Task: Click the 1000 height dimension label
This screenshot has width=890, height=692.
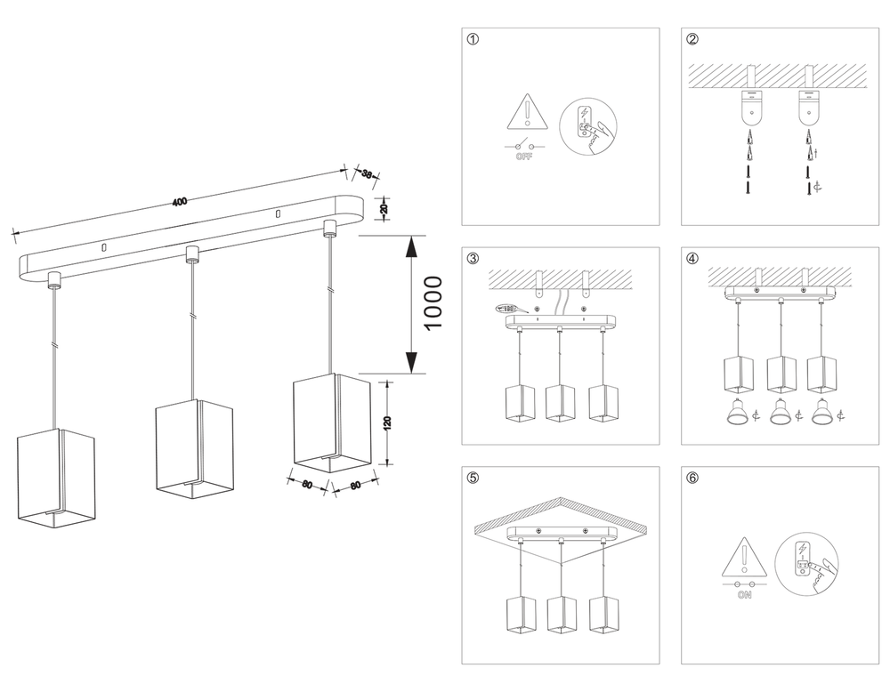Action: [433, 303]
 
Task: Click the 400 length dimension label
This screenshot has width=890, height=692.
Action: [180, 202]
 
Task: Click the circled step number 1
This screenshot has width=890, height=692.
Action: [473, 39]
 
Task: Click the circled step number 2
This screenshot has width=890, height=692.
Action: [692, 39]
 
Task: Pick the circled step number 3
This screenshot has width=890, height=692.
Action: [473, 259]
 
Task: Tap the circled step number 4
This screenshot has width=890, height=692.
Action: [692, 259]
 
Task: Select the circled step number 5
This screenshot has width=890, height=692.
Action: [473, 478]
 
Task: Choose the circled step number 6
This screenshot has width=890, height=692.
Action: [692, 478]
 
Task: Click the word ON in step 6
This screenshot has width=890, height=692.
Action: [745, 595]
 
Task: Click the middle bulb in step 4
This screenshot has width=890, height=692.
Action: [781, 412]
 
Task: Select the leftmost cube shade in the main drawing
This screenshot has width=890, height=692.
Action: [55, 478]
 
